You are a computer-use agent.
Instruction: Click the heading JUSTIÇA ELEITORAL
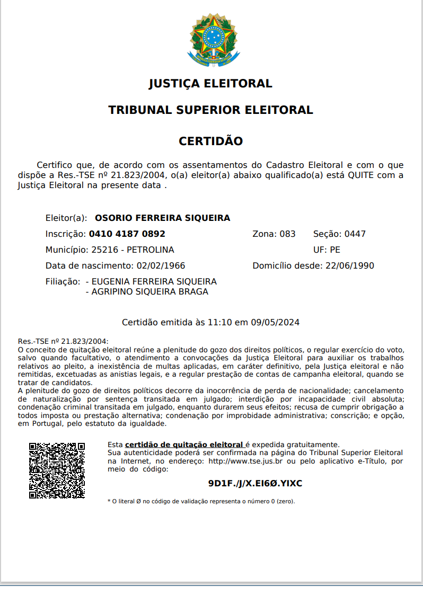click(210, 84)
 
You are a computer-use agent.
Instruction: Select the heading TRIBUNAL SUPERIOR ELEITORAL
click(210, 110)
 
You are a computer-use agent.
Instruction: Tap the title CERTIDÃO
click(210, 141)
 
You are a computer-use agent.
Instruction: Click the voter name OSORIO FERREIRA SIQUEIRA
click(162, 218)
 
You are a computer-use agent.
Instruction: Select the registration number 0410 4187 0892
click(127, 234)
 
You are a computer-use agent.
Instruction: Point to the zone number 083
click(287, 234)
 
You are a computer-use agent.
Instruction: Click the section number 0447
click(355, 234)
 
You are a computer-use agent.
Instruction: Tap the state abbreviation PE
click(335, 250)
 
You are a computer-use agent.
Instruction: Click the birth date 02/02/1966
click(161, 265)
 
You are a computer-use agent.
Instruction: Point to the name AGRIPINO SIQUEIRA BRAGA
click(150, 291)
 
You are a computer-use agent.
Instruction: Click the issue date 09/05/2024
click(275, 322)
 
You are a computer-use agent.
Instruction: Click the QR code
click(57, 470)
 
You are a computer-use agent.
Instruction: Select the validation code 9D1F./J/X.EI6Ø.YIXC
click(255, 483)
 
